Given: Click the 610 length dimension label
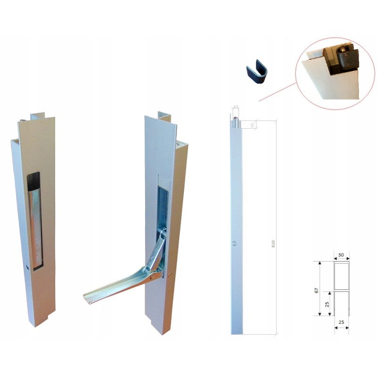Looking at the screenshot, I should [x=273, y=245].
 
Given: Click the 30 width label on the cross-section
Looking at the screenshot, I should [x=341, y=255].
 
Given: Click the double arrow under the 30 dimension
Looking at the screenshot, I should [x=341, y=261].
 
